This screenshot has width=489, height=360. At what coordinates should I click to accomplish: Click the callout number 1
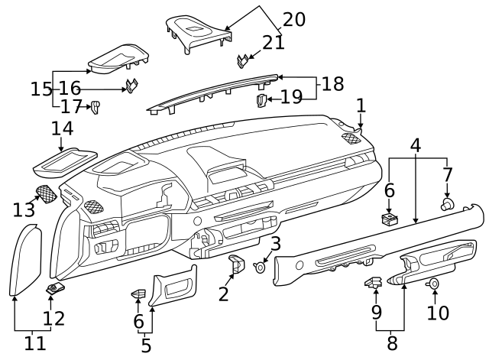[361, 105]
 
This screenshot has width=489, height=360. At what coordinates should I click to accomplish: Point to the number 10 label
[439, 313]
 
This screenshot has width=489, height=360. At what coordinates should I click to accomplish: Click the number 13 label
[24, 209]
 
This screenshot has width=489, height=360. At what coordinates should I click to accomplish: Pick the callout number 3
[276, 245]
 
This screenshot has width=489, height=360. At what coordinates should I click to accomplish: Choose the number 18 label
[332, 83]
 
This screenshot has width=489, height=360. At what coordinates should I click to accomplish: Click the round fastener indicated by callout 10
[433, 284]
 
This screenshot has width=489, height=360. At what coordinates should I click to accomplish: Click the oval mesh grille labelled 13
[47, 194]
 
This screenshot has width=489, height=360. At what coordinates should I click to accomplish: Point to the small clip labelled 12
[53, 289]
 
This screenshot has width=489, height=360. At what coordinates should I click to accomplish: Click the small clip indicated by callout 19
[261, 99]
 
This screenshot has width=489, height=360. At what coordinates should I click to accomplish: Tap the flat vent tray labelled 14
[64, 159]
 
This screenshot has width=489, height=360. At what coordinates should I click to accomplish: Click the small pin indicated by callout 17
[96, 106]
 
